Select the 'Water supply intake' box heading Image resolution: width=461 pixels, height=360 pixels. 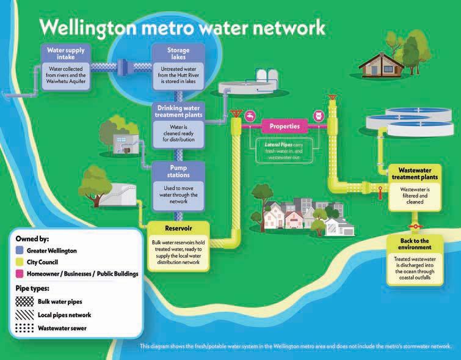(67, 53)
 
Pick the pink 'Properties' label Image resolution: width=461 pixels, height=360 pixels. (285, 127)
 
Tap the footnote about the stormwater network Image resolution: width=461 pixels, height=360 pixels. (295, 347)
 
